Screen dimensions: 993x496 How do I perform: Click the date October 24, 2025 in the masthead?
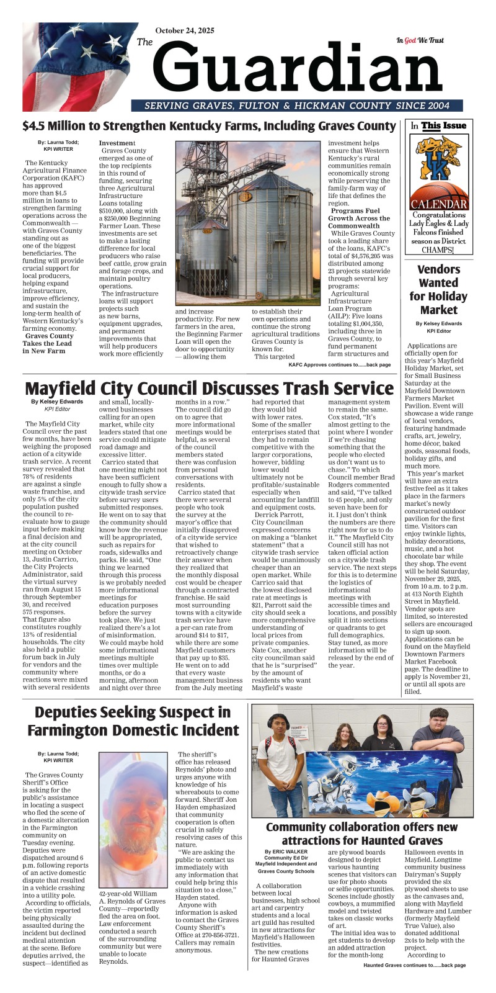[x=185, y=30]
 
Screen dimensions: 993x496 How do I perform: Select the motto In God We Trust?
[x=420, y=40]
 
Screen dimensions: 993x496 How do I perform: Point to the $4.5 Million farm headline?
[x=208, y=126]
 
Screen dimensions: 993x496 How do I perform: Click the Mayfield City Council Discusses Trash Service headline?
[x=209, y=389]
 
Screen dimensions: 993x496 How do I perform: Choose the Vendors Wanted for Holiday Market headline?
[x=438, y=289]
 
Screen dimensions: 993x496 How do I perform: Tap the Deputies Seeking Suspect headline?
[x=133, y=721]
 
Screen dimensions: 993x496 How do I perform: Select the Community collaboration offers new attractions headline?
[x=361, y=833]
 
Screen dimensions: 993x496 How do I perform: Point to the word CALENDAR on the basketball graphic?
[x=439, y=204]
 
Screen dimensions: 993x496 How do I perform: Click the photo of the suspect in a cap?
[x=132, y=820]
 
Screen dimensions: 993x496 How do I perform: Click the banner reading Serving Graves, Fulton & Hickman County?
[x=297, y=106]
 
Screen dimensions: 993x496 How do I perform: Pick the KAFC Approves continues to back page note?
[x=340, y=365]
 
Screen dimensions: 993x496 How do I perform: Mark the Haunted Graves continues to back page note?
[x=414, y=965]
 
